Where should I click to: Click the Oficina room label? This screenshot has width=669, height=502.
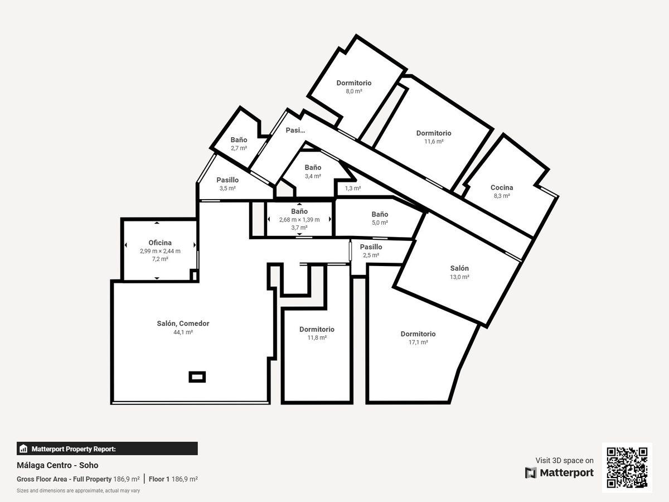pos(160,243)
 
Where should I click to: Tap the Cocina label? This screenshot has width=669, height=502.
pos(502,187)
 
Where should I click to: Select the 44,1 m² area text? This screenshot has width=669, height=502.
pos(183,332)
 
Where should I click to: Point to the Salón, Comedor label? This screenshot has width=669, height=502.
pos(183,324)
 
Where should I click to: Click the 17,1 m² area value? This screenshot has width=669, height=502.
pos(418,342)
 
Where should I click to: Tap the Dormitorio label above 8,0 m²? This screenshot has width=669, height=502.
pos(354,83)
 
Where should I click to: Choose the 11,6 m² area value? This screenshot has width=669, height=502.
pos(434,142)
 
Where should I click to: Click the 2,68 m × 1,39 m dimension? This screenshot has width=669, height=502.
pos(299,219)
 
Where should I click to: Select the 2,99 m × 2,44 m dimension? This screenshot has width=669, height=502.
pos(160,251)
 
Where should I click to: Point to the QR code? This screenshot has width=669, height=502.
pos(627,467)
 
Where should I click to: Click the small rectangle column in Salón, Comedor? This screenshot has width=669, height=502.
pos(197,377)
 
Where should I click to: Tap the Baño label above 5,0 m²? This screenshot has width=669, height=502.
pos(380,214)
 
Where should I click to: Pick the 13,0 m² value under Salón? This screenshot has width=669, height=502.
pos(459,277)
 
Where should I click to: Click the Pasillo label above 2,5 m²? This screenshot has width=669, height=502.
pos(371,247)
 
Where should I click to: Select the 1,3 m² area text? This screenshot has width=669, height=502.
pos(353,189)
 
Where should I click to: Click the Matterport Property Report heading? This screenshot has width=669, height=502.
pos(74,449)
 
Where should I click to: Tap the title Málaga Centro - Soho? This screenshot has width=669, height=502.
pos(57,465)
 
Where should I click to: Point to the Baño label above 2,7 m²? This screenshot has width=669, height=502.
pos(239,140)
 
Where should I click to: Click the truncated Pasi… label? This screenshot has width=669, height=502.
pos(295,131)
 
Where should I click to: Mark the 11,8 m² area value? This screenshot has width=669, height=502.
pos(317,337)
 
